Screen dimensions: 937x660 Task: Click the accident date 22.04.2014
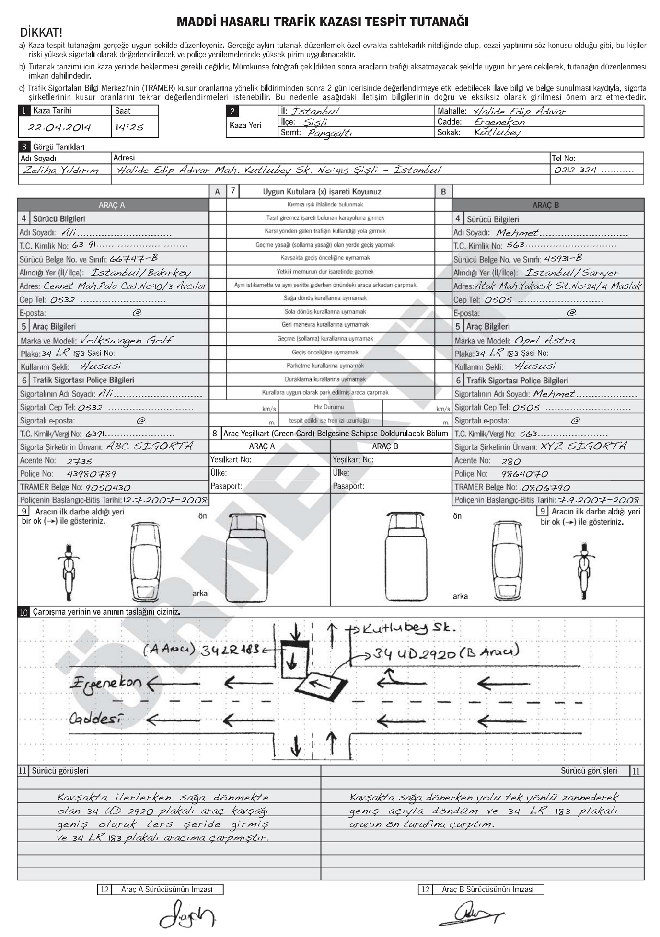[59, 127]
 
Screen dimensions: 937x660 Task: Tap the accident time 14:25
[129, 127]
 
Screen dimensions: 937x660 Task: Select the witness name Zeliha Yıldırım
[60, 170]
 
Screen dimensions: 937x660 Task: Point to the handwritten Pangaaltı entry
[329, 133]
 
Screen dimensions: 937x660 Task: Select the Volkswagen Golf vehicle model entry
[126, 340]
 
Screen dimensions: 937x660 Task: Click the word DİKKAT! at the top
[41, 33]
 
